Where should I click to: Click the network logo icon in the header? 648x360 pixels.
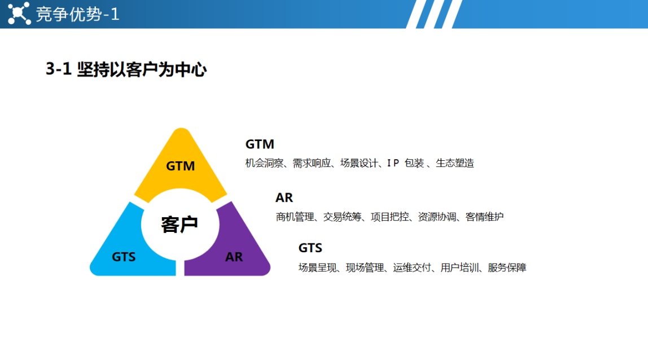[19, 14]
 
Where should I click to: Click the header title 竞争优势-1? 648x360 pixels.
[78, 15]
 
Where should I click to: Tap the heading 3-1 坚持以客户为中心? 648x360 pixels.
[126, 69]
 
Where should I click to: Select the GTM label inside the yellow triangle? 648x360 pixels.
[180, 166]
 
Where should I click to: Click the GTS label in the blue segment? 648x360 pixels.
[124, 257]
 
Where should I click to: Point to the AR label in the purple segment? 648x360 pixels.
[234, 257]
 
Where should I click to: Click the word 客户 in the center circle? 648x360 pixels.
[179, 225]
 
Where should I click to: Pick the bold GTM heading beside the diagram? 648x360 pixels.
[260, 144]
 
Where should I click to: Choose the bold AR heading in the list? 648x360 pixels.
[284, 197]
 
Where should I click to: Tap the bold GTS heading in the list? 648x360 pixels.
[310, 248]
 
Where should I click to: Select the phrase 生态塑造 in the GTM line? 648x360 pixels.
[454, 163]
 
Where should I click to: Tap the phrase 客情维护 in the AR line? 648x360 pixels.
[484, 217]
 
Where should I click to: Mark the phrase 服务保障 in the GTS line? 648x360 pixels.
[507, 267]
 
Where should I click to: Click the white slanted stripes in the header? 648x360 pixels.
[434, 14]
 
